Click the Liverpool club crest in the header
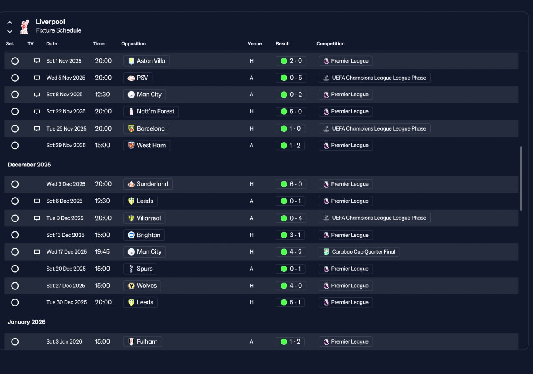pos(25,27)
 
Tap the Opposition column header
pos(133,44)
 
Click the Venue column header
pos(254,44)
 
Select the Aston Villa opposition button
pos(146,61)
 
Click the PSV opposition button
pos(138,78)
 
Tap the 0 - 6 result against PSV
pos(291,78)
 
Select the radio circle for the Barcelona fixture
pos(15,129)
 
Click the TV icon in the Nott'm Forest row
pos(37,111)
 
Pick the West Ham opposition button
pos(147,146)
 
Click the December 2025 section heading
pos(29,165)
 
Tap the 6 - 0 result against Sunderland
pos(291,184)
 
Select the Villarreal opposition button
pos(144,218)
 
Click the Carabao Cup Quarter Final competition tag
pos(359,252)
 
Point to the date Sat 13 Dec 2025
pos(65,235)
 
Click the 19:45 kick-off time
pos(102,252)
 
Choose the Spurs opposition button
pos(140,269)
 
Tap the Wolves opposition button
pos(142,286)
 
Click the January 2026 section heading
pos(27,322)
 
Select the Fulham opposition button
pos(142,341)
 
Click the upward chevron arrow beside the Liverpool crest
pos(10,23)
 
